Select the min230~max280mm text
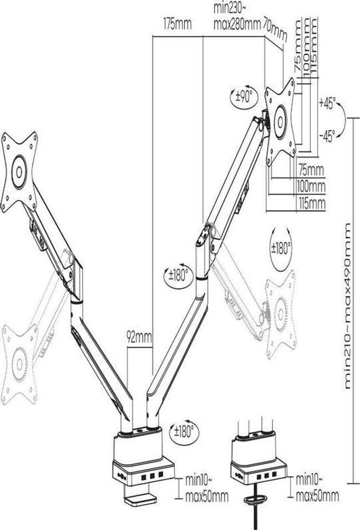[235, 18]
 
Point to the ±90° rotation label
[242, 96]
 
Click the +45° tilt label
[327, 102]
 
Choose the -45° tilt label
[327, 136]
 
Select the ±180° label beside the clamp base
[184, 429]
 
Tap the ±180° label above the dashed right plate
[280, 247]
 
